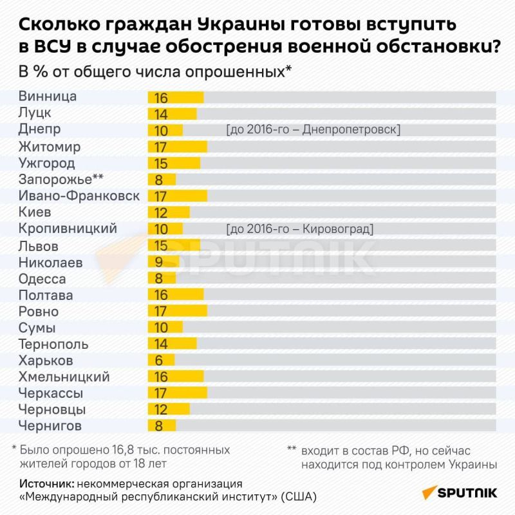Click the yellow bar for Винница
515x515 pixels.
coord(176,98)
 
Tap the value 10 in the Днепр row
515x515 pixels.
coord(161,131)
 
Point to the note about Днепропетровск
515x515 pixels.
coord(313,130)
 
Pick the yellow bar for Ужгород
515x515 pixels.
coord(174,164)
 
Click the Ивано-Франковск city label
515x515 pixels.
coord(79,196)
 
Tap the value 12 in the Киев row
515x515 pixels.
coord(161,212)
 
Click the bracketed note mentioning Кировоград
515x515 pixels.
coord(299,229)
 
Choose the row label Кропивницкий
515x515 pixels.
coord(68,229)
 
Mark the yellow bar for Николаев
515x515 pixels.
coord(164,262)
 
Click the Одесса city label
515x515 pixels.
coord(42,279)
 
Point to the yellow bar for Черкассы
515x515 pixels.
coord(178,393)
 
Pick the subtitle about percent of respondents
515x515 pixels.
coord(155,71)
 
